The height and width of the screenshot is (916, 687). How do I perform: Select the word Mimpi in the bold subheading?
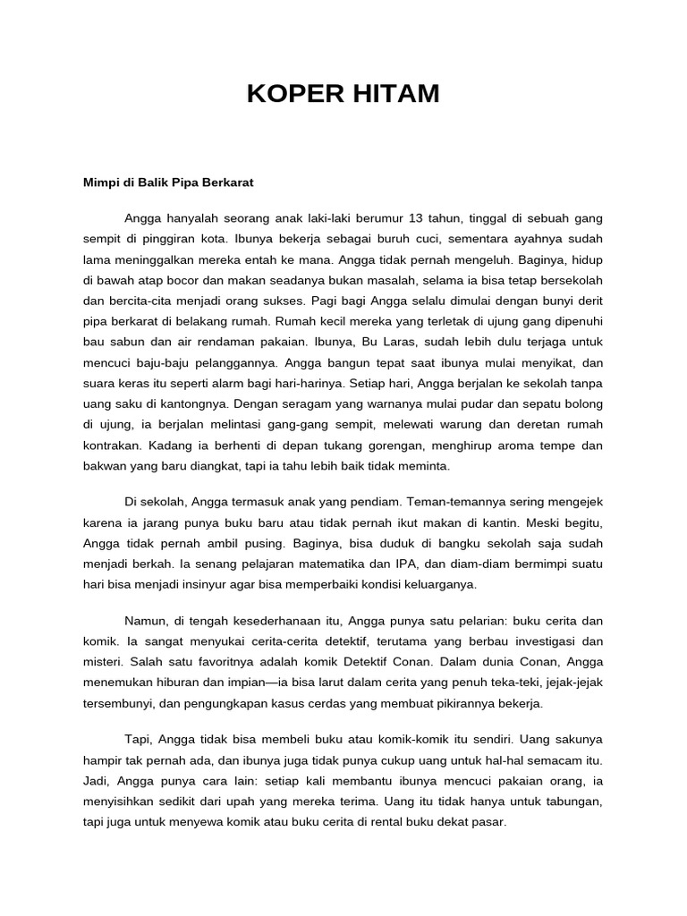pos(100,182)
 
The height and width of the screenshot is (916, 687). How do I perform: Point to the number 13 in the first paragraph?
pos(416,218)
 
